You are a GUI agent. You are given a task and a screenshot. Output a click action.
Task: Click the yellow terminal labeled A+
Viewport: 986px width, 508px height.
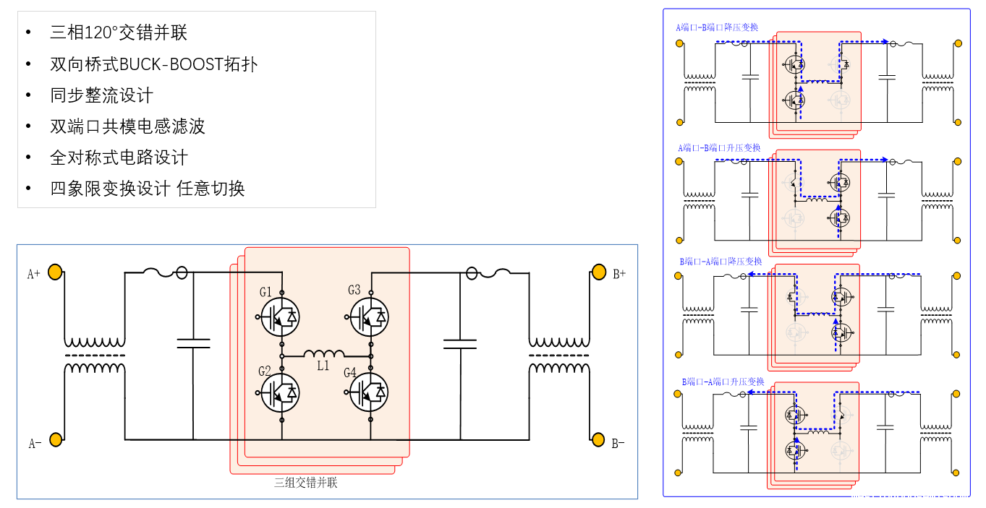click(55, 272)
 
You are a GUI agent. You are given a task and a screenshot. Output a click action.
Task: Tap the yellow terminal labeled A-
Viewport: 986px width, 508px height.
click(55, 439)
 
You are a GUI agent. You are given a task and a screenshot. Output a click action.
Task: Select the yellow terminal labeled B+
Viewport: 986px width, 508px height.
click(598, 272)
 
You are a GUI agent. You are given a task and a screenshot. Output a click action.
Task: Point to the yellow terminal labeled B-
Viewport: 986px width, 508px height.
click(598, 439)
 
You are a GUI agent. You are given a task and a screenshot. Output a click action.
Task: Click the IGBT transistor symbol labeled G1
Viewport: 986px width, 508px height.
click(281, 317)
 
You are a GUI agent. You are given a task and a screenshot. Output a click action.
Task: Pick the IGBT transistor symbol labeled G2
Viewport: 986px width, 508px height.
click(281, 392)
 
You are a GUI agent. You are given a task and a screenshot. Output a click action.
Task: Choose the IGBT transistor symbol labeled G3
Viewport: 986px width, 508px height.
click(370, 317)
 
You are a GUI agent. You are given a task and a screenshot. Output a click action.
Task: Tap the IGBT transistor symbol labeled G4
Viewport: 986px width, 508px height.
click(370, 392)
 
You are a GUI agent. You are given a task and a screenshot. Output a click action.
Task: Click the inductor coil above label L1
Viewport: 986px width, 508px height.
click(323, 354)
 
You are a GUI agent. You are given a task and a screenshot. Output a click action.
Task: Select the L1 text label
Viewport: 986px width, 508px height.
click(323, 366)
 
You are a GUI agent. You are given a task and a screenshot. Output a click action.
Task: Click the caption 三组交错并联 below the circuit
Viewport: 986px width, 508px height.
click(305, 483)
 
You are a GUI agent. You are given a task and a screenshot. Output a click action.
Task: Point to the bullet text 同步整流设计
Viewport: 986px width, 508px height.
click(101, 95)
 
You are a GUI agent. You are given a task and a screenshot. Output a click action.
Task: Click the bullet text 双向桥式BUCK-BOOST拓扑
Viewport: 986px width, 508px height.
click(153, 64)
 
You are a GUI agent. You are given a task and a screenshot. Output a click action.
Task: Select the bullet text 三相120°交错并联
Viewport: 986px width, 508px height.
click(119, 33)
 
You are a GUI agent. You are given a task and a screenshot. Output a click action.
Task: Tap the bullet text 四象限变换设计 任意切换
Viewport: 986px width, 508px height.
click(148, 189)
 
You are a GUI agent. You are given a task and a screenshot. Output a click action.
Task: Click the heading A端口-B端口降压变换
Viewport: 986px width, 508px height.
click(717, 27)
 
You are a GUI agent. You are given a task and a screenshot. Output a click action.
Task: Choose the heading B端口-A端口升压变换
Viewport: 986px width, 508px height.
click(723, 382)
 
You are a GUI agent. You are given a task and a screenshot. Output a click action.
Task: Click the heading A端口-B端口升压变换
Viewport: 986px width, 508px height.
click(719, 148)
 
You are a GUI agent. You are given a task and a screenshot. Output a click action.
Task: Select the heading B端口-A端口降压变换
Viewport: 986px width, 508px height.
click(721, 261)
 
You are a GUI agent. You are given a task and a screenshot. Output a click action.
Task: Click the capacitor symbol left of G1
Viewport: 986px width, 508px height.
click(193, 343)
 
